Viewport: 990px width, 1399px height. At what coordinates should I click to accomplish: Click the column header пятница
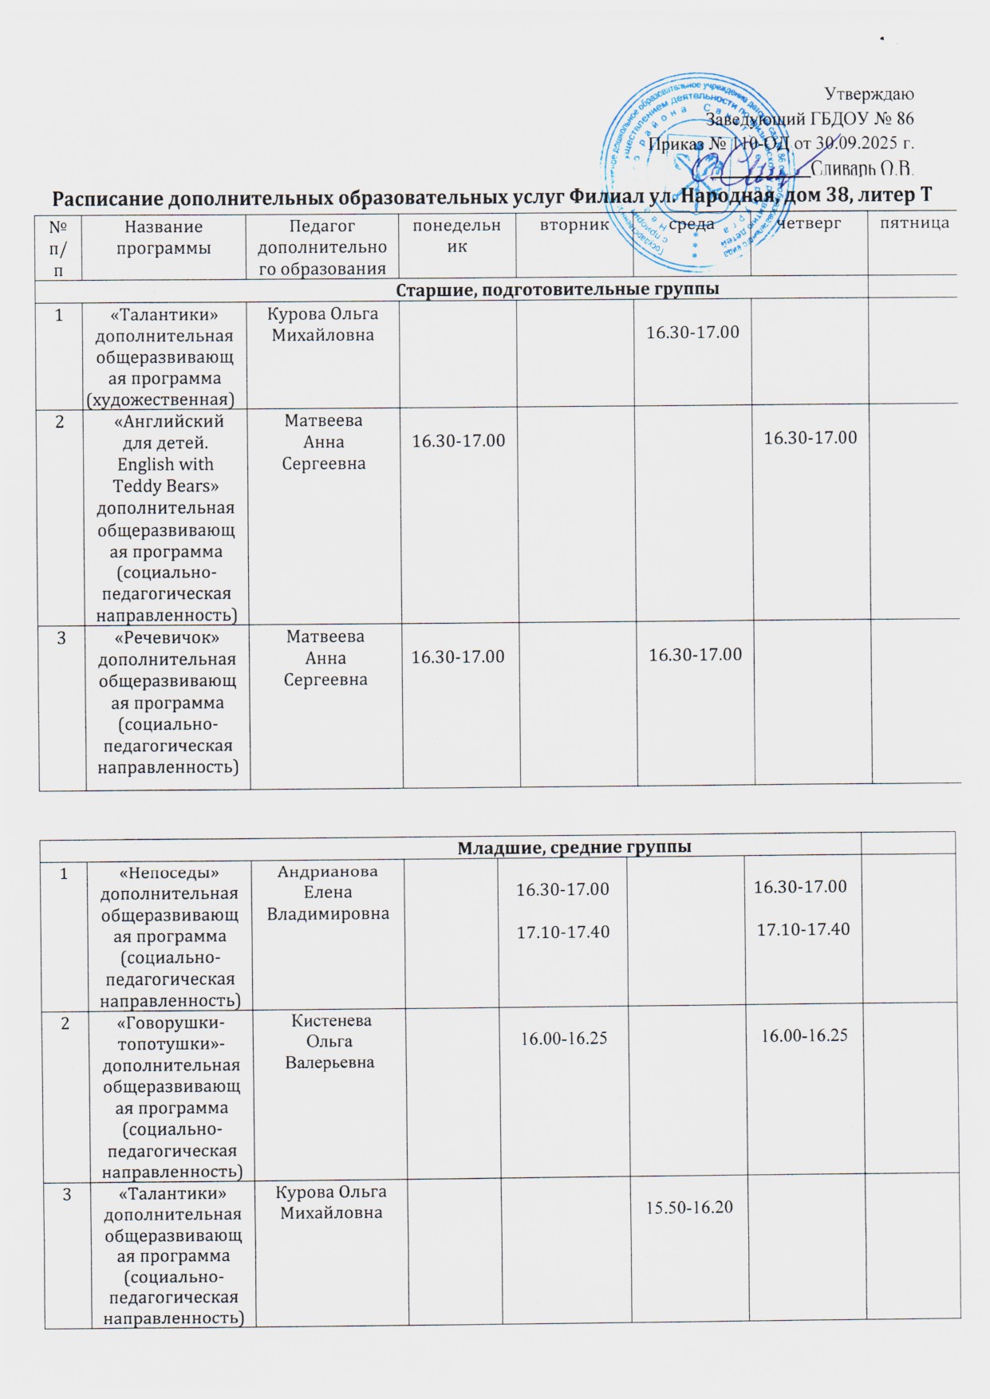pos(914,223)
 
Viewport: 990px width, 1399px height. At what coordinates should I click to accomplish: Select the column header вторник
pos(574,225)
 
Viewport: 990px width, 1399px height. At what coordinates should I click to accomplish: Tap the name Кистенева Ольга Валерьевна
pos(332,1041)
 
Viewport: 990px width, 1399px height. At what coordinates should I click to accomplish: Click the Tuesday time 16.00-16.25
pos(564,1038)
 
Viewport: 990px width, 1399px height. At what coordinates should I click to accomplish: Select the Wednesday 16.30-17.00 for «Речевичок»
pos(695,655)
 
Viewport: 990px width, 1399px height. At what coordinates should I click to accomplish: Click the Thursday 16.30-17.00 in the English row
pos(811,437)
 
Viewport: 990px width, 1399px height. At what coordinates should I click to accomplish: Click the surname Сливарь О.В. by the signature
pos(862,168)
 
